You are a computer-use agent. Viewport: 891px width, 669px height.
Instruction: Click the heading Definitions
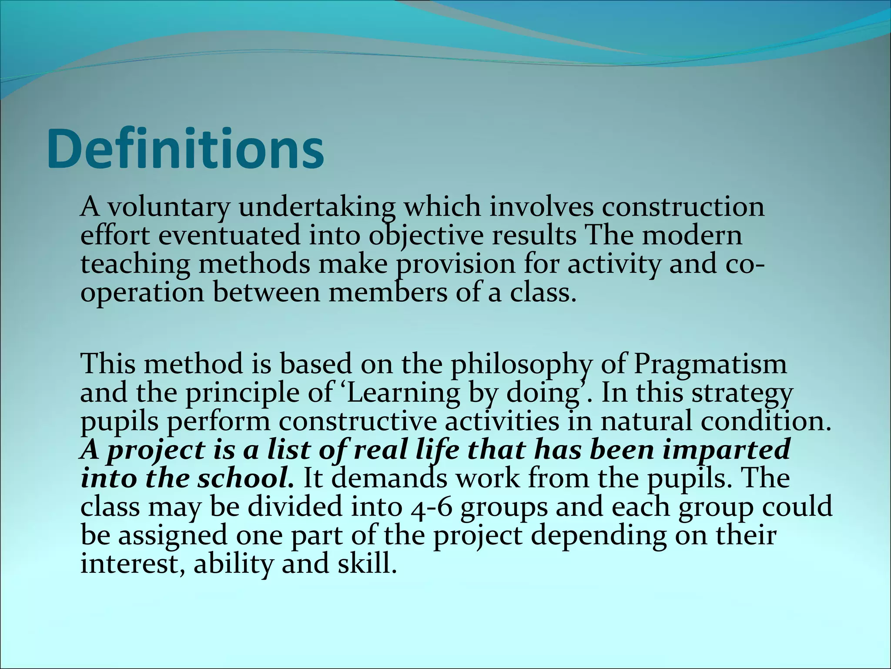pos(185,149)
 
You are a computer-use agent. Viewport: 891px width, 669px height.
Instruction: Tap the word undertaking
pos(317,207)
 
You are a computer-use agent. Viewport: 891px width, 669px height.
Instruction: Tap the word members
pos(388,293)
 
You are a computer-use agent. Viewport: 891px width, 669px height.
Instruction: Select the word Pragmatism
pos(710,364)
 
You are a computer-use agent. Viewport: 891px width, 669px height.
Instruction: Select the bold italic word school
pos(245,478)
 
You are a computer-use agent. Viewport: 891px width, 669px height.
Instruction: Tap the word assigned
pos(173,536)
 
